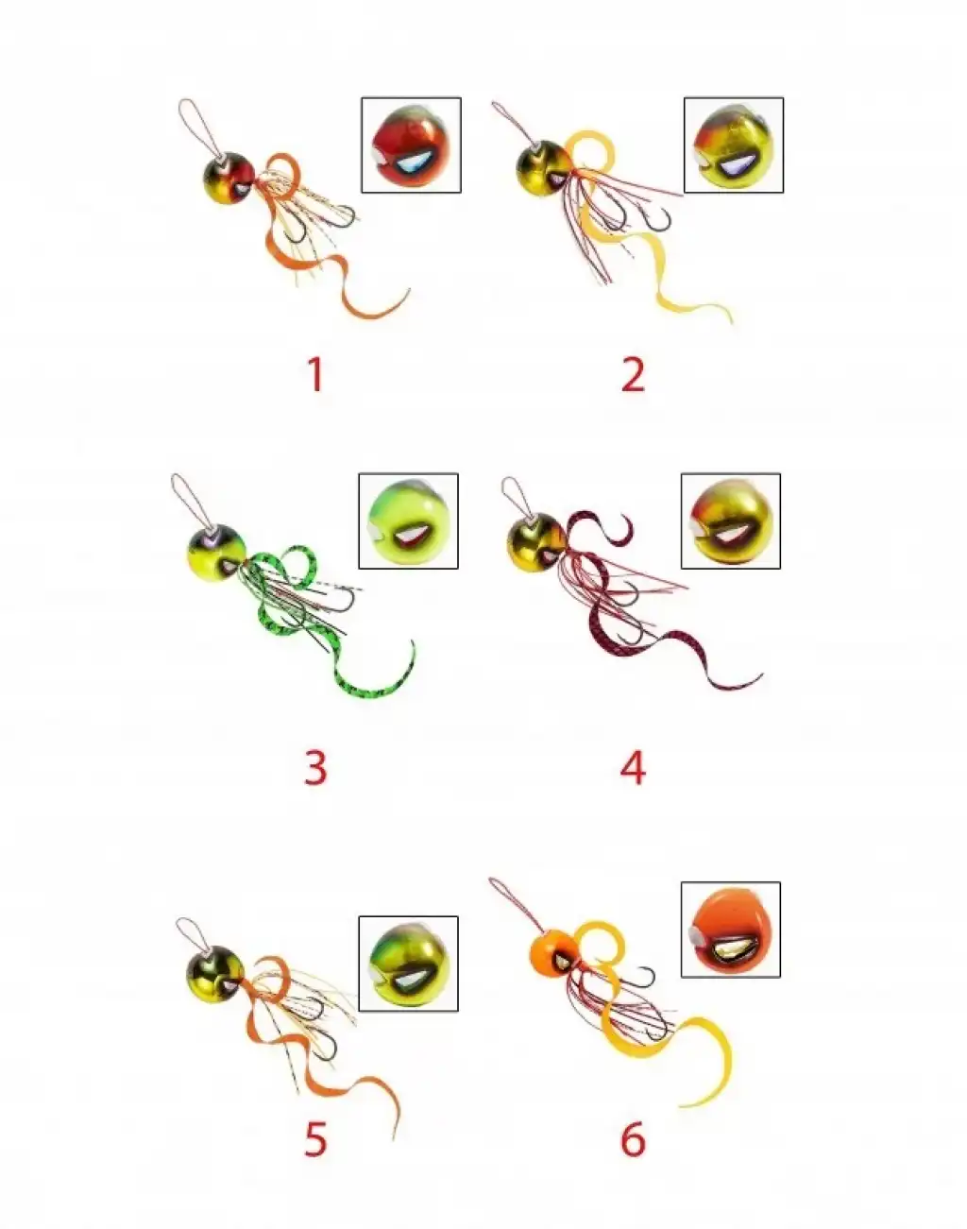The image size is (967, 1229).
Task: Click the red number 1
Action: click(316, 374)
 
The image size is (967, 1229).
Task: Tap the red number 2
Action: click(633, 374)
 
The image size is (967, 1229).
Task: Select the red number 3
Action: click(315, 767)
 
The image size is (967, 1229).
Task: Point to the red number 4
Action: click(633, 767)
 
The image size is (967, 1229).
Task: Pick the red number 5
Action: click(315, 1139)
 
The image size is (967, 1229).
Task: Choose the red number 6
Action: click(633, 1139)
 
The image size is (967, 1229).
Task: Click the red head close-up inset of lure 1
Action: click(411, 145)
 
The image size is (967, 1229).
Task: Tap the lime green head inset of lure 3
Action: click(408, 521)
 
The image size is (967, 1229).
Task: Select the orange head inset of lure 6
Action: click(731, 930)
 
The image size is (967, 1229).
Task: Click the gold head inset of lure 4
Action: click(731, 521)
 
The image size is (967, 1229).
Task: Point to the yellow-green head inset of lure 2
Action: click(734, 145)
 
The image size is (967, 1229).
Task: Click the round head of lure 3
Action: click(215, 553)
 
